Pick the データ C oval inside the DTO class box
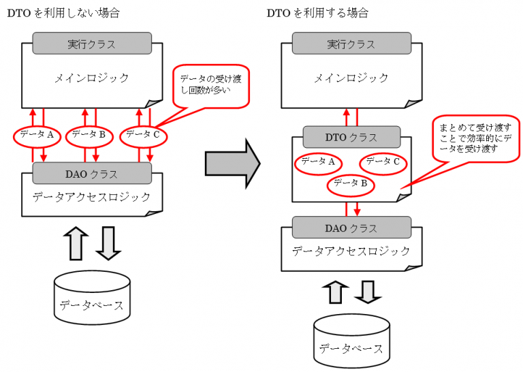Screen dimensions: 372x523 383,162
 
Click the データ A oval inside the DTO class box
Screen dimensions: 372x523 318,162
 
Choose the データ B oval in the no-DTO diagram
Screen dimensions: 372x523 89,135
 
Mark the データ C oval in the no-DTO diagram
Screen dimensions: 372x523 143,135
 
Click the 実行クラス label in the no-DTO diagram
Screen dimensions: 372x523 92,44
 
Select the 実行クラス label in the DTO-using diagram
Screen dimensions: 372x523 351,44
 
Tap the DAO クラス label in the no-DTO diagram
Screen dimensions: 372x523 92,174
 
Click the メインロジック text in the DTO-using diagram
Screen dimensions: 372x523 351,78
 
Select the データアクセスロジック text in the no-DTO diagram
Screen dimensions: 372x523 92,198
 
